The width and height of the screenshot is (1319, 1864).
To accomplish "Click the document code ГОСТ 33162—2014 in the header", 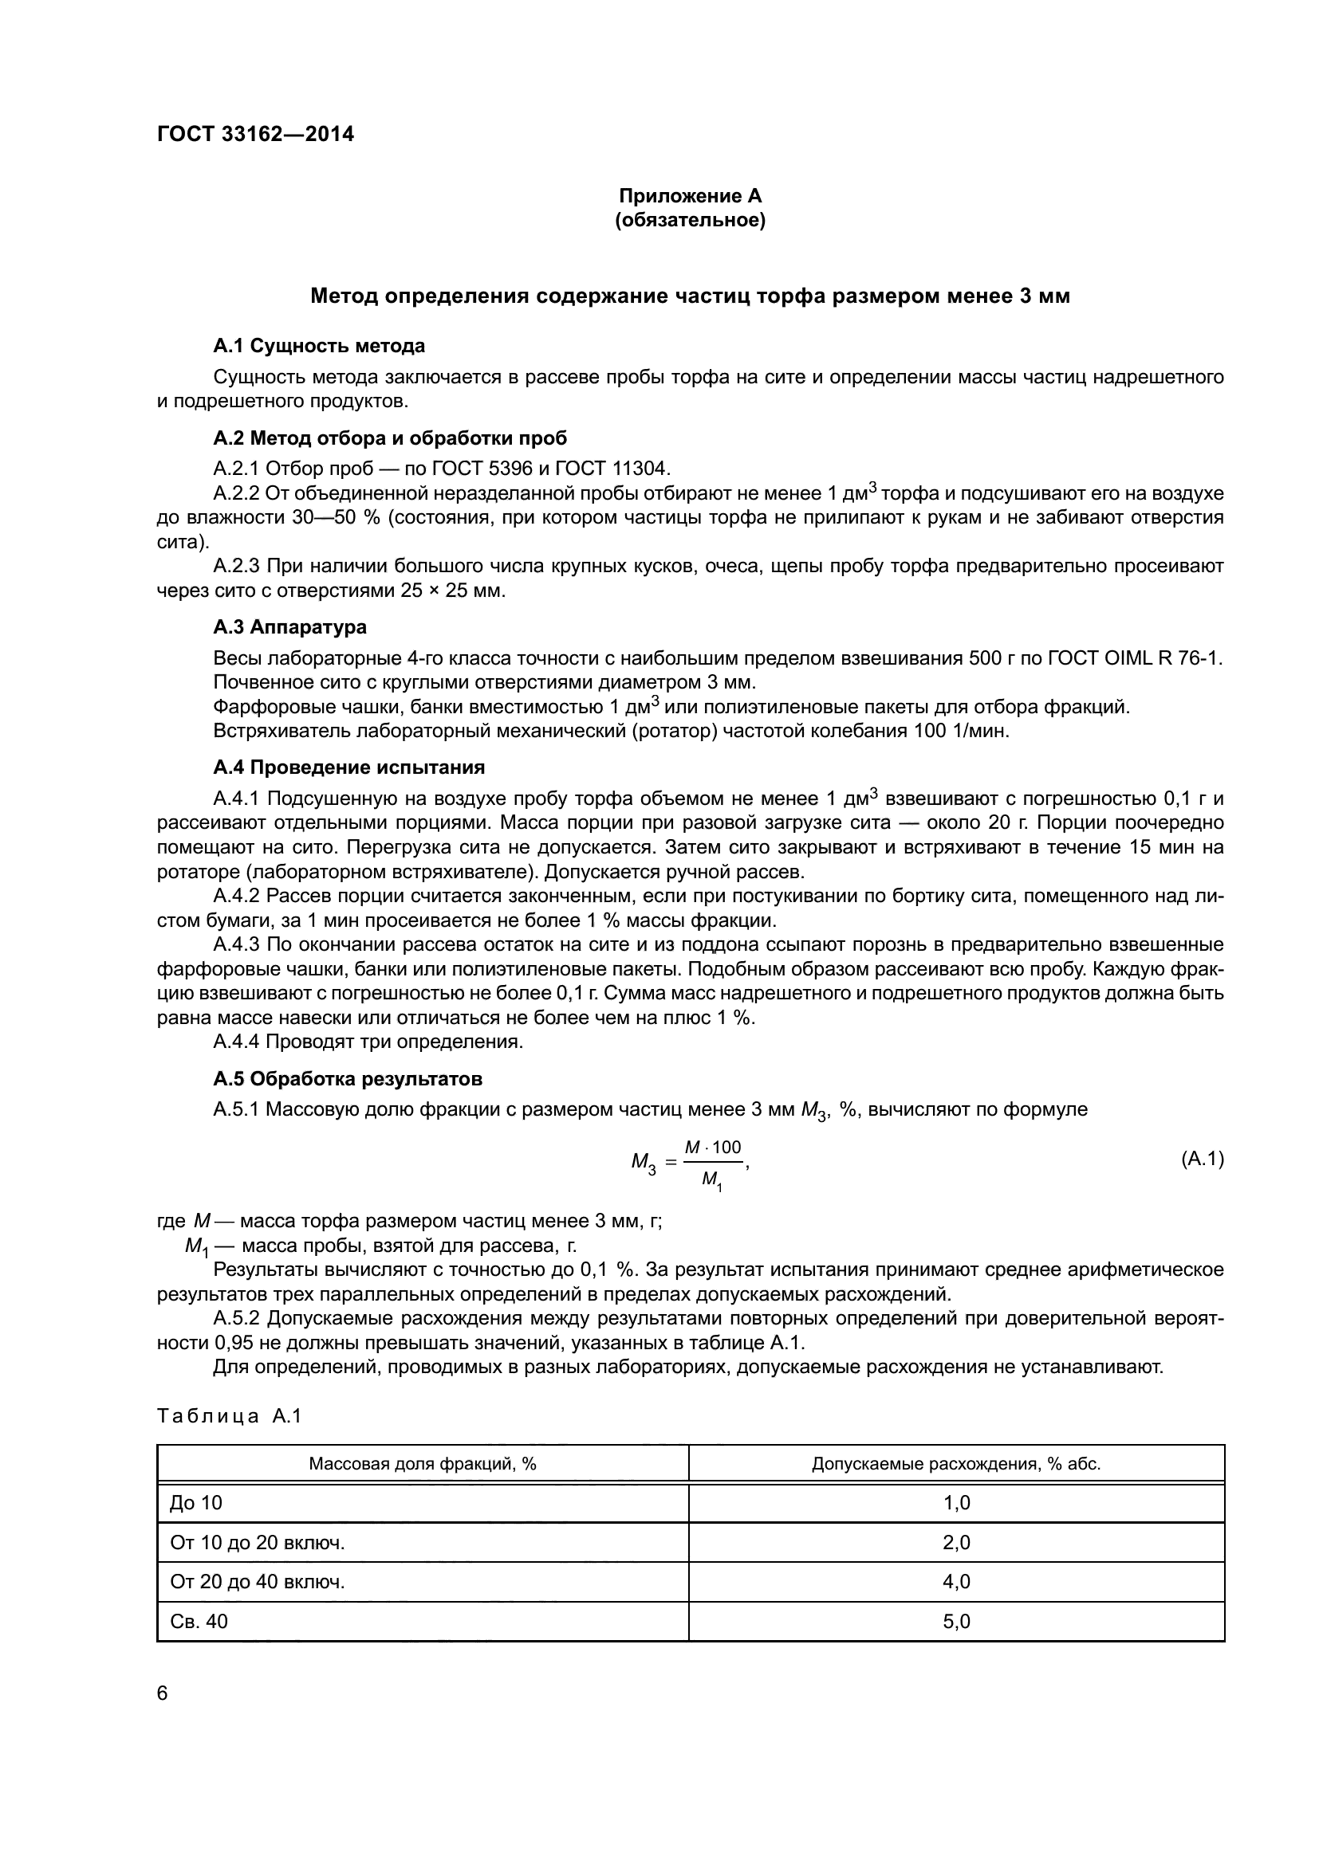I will pyautogui.click(x=255, y=134).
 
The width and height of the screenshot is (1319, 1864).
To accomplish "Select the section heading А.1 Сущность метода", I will pyautogui.click(x=318, y=346).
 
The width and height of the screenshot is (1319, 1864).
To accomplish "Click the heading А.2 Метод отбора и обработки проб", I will pyautogui.click(x=390, y=438).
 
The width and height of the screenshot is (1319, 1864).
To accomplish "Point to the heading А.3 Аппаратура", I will pyautogui.click(x=289, y=626).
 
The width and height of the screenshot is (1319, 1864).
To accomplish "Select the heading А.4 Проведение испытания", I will pyautogui.click(x=348, y=767).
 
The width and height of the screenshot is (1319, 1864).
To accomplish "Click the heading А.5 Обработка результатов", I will pyautogui.click(x=348, y=1079).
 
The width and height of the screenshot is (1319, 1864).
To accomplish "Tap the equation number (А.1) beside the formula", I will pyautogui.click(x=1201, y=1159).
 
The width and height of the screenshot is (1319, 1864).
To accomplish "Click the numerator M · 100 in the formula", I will pyautogui.click(x=712, y=1147).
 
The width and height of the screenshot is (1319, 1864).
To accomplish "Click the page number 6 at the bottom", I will pyautogui.click(x=163, y=1693).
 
